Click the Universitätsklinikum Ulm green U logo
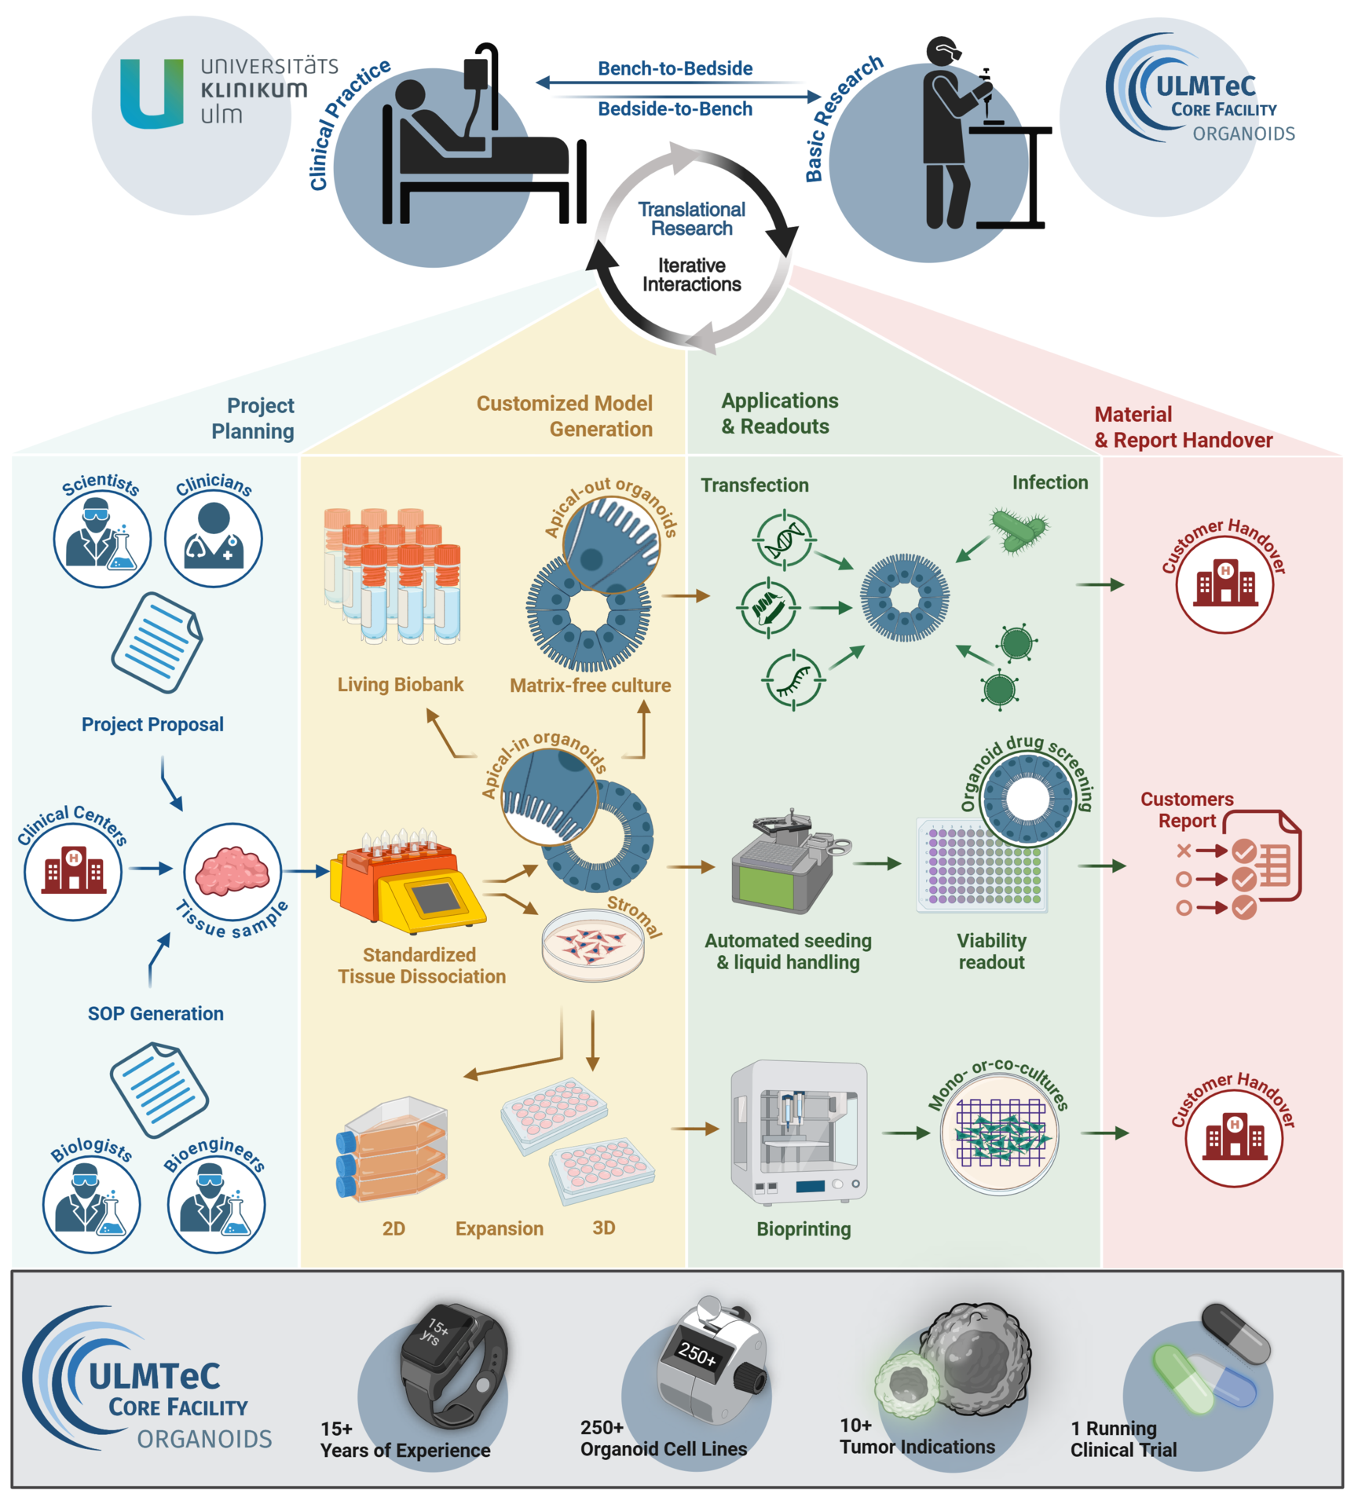coord(151,94)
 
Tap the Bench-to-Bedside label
coord(675,68)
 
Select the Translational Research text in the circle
coord(691,218)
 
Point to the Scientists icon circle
coord(102,540)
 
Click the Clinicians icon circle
coord(214,540)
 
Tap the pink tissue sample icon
coord(232,871)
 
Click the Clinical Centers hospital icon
coord(73,871)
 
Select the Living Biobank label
coord(400,684)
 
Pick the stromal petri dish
coord(593,943)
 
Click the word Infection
coord(1049,482)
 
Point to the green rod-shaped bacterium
coord(1019,531)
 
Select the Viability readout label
coord(991,951)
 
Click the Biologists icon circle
coord(92,1204)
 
